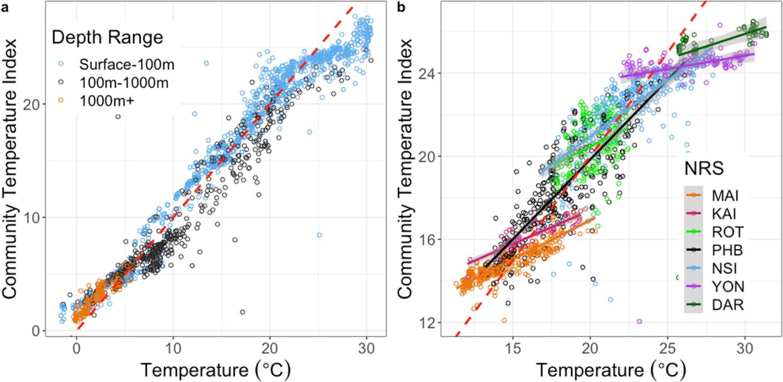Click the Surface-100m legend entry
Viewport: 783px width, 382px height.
pos(120,64)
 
